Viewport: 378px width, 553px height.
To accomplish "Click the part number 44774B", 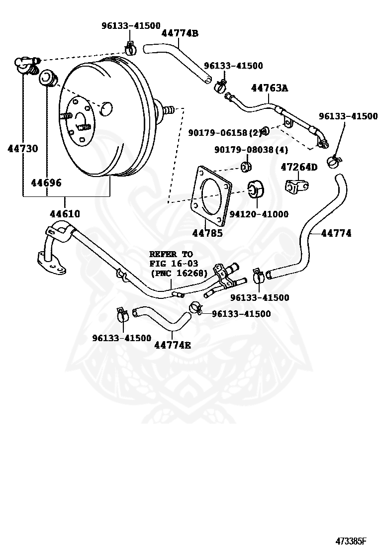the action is point(180,33).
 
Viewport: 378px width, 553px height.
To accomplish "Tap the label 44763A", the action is point(270,88).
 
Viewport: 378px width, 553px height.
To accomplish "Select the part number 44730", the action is point(22,149).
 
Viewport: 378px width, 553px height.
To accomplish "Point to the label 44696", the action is point(46,183).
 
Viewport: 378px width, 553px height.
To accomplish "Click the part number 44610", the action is point(65,214).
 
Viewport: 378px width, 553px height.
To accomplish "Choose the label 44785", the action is point(207,233).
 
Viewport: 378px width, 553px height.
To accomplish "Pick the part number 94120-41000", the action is point(259,214).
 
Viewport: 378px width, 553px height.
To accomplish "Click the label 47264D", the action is point(299,167).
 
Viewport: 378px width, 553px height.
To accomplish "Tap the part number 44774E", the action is point(173,345).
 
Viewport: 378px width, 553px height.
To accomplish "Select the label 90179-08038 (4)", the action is point(251,150).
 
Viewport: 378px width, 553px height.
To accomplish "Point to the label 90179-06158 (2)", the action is point(225,133).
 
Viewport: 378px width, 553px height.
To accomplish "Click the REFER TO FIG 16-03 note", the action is point(179,264).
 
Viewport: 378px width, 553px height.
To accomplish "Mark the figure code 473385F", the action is point(351,541).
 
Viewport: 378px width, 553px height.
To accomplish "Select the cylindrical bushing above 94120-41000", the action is point(257,189).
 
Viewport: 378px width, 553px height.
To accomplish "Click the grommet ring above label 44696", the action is point(47,78).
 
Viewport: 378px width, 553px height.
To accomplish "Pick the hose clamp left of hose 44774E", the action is point(122,314).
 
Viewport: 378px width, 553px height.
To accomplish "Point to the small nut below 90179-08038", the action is point(246,167).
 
